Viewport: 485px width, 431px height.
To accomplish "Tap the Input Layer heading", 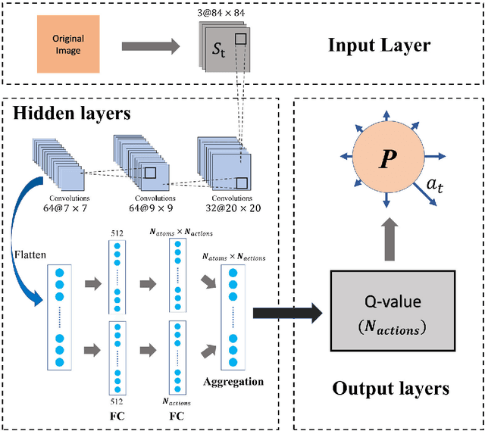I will [379, 45].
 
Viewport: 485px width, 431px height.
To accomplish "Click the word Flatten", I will [29, 244].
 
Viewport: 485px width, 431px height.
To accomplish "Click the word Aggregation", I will [233, 381].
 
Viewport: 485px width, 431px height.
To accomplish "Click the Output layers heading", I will [390, 389].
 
